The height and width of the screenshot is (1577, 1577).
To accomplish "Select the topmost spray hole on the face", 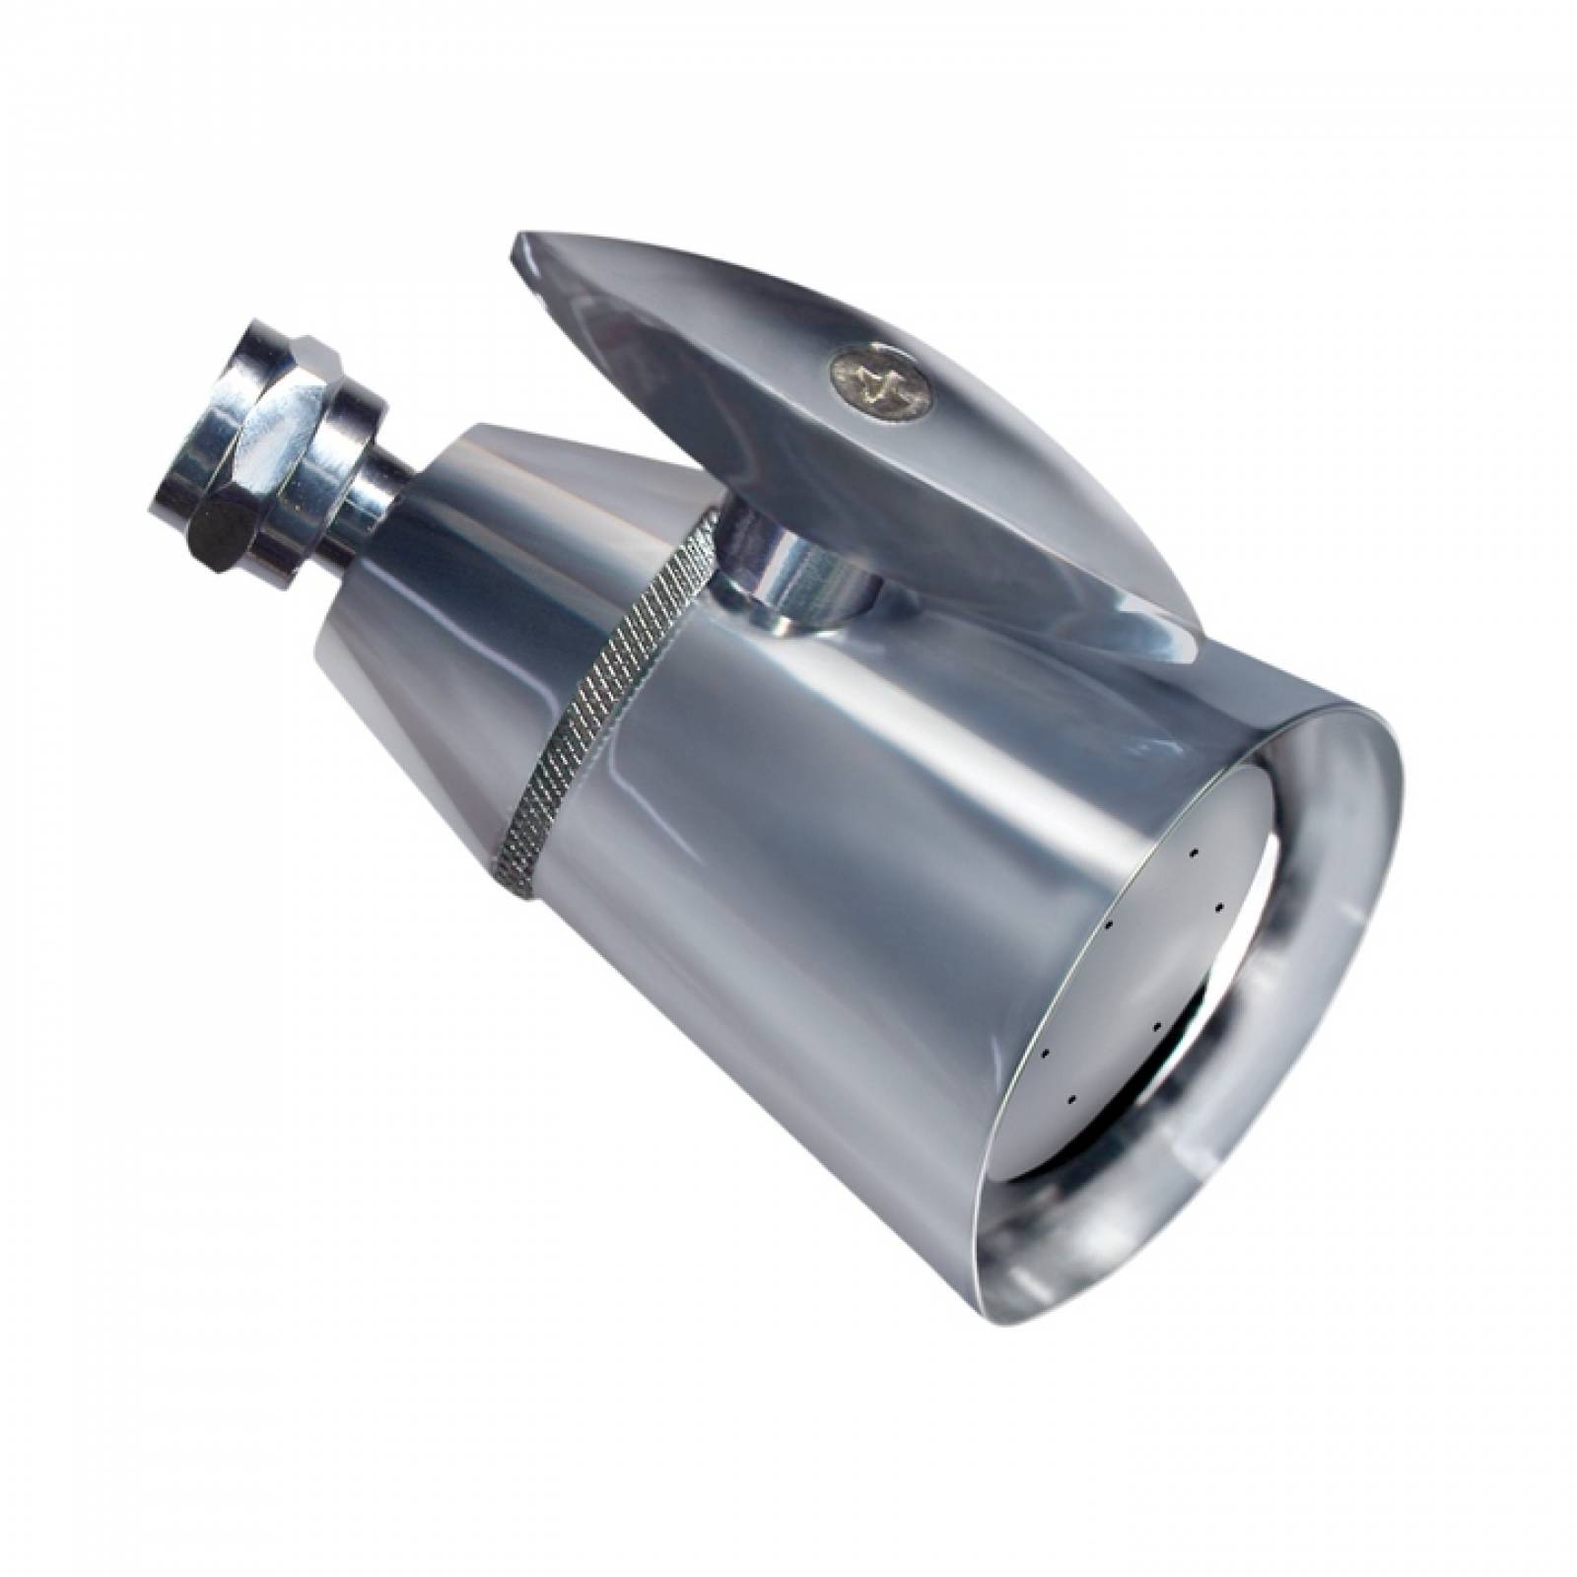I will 1194,850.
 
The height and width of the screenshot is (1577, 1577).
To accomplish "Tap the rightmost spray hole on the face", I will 1219,904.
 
